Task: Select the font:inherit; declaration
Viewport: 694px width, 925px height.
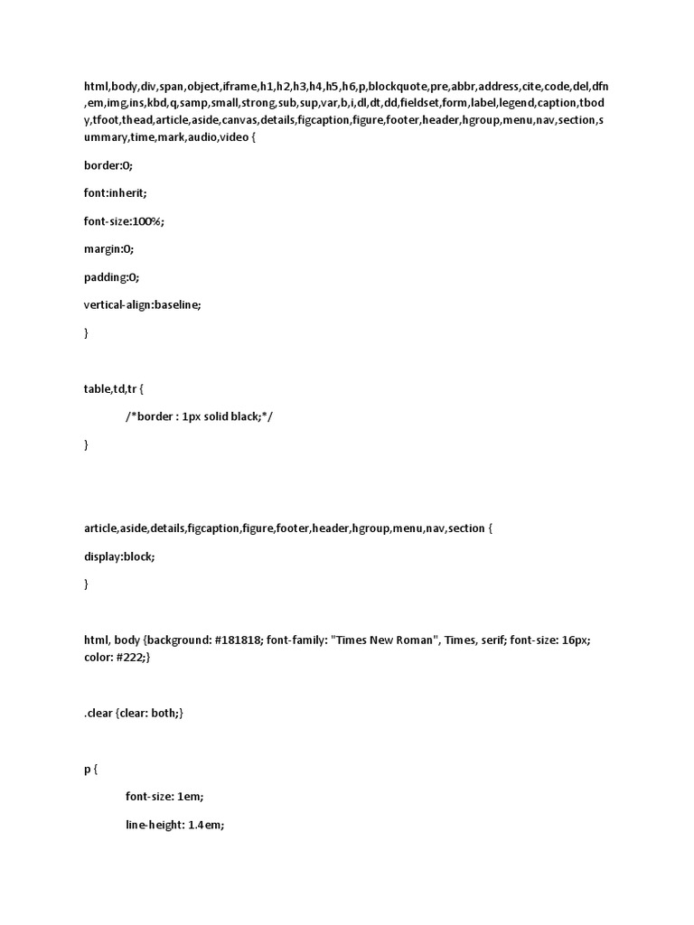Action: coord(115,193)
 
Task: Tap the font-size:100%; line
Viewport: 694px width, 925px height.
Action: coord(125,221)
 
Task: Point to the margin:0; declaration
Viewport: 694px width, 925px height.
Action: coord(108,249)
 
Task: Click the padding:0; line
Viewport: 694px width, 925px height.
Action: coord(112,277)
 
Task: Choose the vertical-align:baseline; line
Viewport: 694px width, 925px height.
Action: coord(143,304)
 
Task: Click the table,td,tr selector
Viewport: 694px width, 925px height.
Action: coord(110,388)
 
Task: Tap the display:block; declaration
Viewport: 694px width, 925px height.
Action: coord(119,556)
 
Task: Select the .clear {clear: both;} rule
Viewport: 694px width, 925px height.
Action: coord(134,713)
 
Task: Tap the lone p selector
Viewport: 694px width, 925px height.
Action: coord(88,770)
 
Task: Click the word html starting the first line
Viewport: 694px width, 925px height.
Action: coord(96,87)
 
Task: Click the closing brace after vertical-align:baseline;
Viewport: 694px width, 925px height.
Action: coord(87,332)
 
